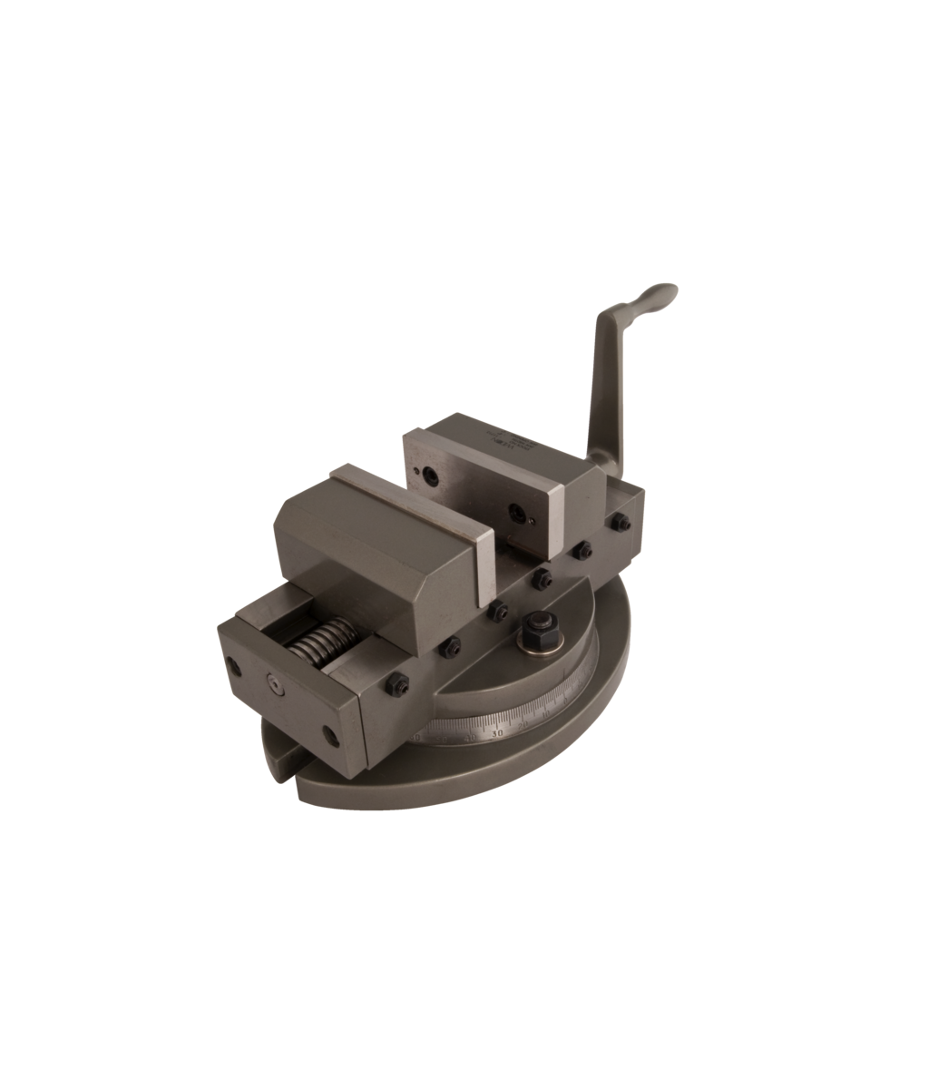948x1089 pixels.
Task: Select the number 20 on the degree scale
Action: pos(523,723)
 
